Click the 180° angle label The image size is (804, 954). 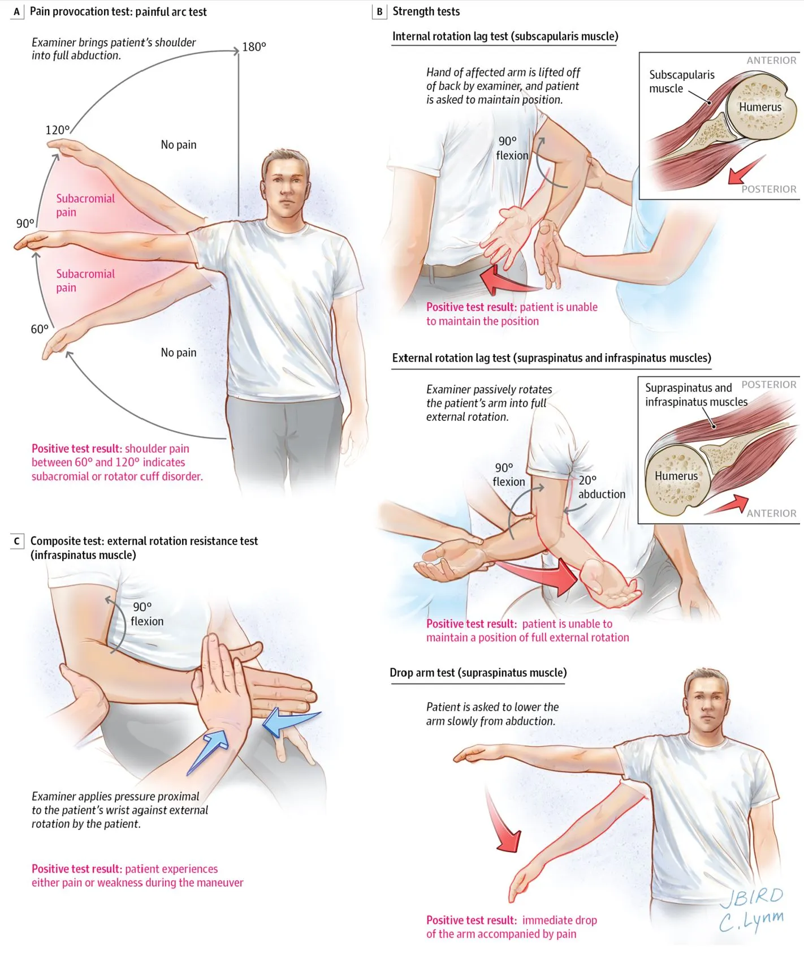(254, 47)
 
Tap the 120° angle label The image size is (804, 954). (58, 130)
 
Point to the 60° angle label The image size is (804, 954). (40, 329)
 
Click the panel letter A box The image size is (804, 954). (17, 12)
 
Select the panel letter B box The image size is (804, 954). (379, 12)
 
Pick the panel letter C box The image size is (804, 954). (17, 542)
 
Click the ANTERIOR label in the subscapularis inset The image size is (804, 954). (771, 61)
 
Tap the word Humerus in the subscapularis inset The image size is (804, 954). (760, 107)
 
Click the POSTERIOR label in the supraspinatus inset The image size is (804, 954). (768, 385)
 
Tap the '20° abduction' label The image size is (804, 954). (600, 487)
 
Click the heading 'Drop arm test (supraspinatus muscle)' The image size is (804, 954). (478, 673)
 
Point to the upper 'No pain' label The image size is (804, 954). (179, 145)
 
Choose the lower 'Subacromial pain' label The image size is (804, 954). (85, 281)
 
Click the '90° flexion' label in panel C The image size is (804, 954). (146, 614)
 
